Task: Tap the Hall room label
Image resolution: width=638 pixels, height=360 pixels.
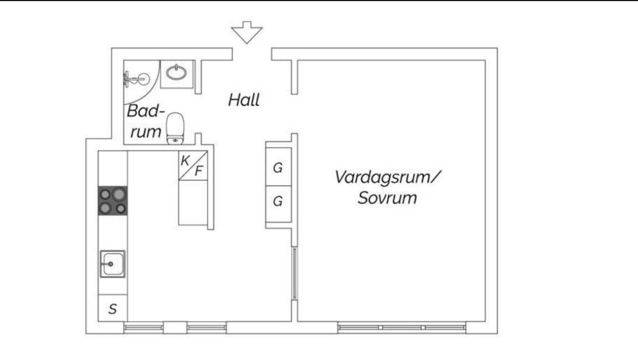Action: point(244,100)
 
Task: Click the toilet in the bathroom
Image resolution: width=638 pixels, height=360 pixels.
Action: point(176,129)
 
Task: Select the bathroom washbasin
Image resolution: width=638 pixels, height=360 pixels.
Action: point(177,73)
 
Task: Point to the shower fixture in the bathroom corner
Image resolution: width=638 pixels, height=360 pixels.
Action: point(136,79)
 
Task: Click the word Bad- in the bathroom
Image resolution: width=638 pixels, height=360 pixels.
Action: point(146,111)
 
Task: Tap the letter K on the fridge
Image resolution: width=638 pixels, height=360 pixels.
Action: point(185,161)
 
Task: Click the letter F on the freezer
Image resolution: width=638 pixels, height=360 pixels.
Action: point(198,171)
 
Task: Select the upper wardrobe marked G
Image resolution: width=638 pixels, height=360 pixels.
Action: point(278,167)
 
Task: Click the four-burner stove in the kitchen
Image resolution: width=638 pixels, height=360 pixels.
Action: point(113,201)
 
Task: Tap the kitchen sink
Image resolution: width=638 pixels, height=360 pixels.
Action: point(113,264)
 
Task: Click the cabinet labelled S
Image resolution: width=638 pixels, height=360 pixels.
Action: point(113,308)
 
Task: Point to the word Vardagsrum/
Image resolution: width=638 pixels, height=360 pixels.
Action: point(388,177)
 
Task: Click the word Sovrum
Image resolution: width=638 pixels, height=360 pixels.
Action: point(387,197)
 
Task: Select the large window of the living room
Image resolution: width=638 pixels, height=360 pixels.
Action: point(401,327)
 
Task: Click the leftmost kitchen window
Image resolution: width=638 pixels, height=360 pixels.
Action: point(143,327)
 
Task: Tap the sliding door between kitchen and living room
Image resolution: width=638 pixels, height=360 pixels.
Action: point(294,273)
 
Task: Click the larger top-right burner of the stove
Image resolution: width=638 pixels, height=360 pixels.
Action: point(119,194)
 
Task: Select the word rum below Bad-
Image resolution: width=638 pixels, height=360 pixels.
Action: point(146,132)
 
